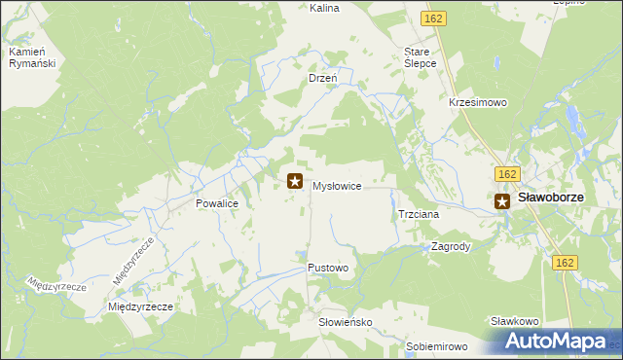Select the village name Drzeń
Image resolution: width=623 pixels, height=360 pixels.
tap(322, 77)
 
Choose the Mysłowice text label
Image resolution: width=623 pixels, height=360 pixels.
tap(337, 185)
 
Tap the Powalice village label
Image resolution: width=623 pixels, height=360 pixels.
tap(217, 205)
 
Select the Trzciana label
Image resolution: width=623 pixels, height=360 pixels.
tap(420, 214)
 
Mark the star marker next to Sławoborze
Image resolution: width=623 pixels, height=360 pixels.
tap(502, 201)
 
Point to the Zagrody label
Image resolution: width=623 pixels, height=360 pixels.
tap(451, 247)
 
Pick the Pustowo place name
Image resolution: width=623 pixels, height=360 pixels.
tap(328, 267)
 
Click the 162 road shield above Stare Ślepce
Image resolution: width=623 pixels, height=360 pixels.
tap(434, 18)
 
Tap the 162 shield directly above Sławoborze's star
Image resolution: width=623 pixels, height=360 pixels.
tap(504, 173)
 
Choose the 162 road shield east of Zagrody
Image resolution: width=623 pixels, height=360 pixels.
tap(566, 263)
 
